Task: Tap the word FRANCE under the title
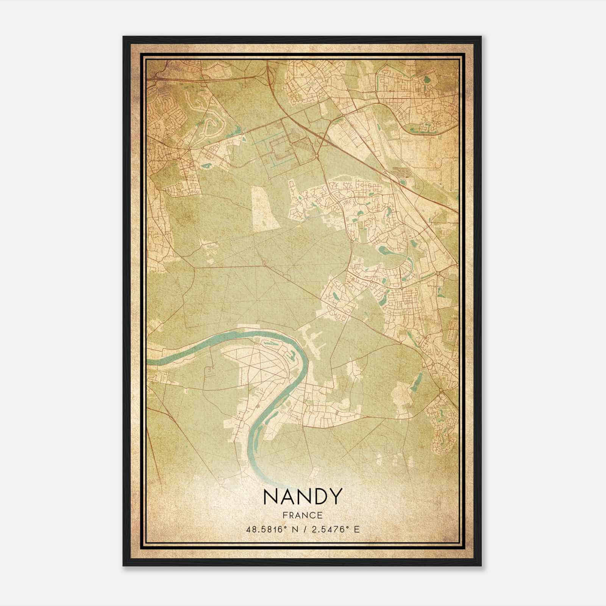(x=302, y=515)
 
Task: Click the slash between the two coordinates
(x=303, y=529)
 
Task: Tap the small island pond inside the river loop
(x=291, y=355)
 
